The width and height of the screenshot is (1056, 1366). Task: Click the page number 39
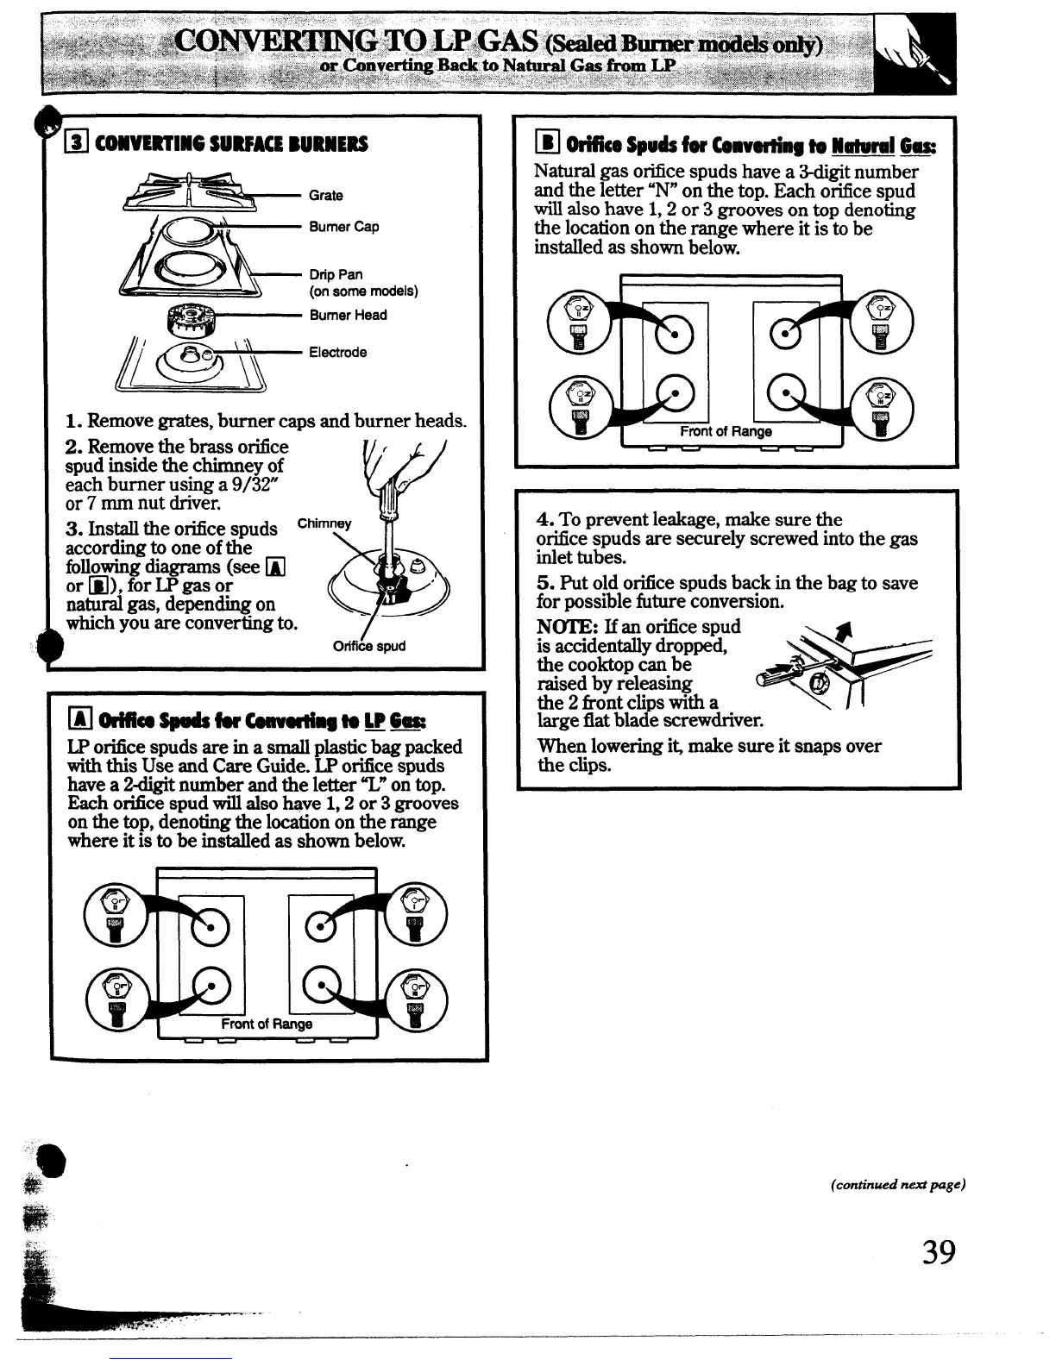pyautogui.click(x=938, y=1250)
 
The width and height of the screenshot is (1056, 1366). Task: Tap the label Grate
pyautogui.click(x=326, y=196)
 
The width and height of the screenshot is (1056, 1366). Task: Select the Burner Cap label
pyautogui.click(x=344, y=227)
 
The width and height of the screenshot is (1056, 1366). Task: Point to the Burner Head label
pyautogui.click(x=349, y=315)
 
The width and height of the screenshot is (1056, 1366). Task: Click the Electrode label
pyautogui.click(x=338, y=352)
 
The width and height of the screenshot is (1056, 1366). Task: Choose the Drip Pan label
pyautogui.click(x=336, y=275)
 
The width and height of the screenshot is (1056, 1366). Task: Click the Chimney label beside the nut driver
pyautogui.click(x=324, y=523)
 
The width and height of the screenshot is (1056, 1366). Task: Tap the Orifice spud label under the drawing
pyautogui.click(x=368, y=646)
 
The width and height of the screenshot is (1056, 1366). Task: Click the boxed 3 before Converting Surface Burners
pyautogui.click(x=75, y=143)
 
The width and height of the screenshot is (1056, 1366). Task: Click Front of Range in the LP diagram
pyautogui.click(x=267, y=1024)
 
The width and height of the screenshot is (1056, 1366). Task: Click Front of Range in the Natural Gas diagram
pyautogui.click(x=726, y=431)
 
